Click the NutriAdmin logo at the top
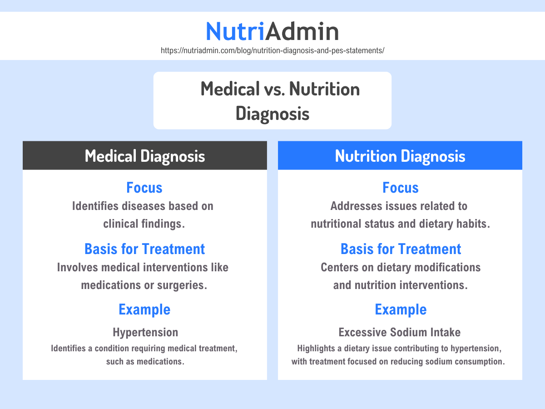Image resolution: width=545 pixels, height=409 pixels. tap(272, 31)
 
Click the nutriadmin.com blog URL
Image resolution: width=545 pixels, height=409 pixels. tap(272, 50)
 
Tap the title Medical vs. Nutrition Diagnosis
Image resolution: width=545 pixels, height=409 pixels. tap(272, 100)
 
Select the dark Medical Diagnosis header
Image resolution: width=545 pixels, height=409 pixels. tap(145, 156)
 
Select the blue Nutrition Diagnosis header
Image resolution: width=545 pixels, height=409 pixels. tap(400, 156)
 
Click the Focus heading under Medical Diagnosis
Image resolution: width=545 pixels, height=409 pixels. tap(144, 187)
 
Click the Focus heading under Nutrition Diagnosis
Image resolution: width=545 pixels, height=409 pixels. tap(400, 187)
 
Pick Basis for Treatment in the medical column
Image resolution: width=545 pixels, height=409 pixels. tap(144, 249)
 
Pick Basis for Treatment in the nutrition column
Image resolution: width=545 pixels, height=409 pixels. tap(401, 249)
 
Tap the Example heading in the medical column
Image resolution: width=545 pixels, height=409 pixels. tap(144, 309)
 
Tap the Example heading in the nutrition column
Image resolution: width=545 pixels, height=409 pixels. tap(401, 309)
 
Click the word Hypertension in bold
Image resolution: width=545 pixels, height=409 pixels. tap(145, 332)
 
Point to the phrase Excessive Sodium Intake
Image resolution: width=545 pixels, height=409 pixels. tap(400, 332)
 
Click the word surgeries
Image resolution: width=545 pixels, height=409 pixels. tap(185, 285)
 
